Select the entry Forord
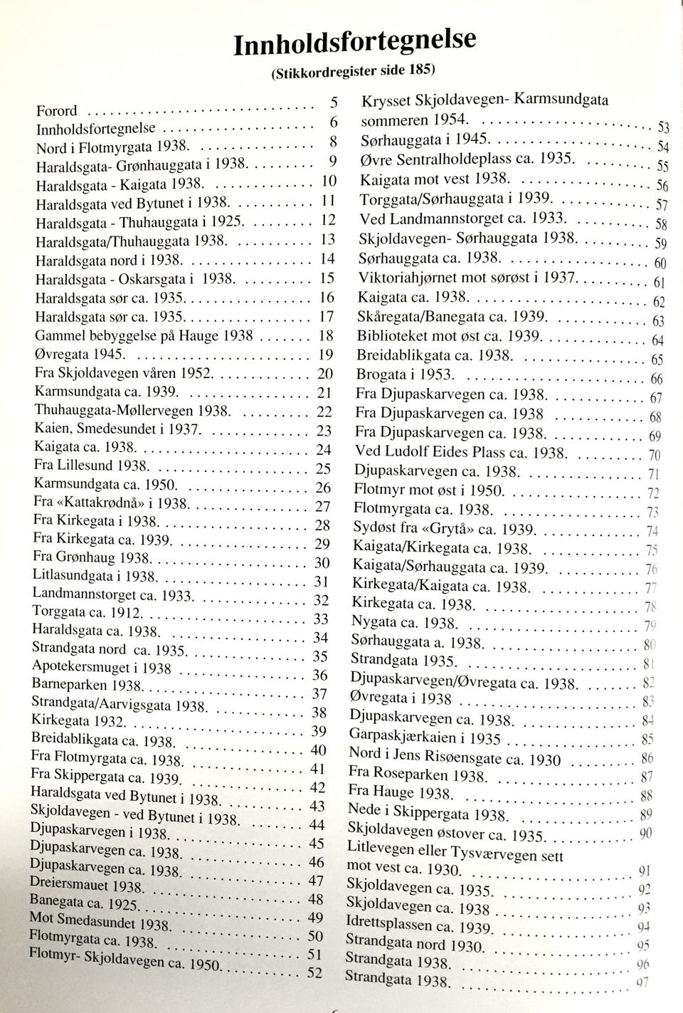56,111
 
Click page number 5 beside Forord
334,100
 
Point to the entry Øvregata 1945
80,354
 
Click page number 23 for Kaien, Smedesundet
324,430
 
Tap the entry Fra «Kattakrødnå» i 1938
110,503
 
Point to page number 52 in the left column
314,972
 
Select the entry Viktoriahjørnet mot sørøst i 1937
469,277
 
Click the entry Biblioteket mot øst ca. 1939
450,335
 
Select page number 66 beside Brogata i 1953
657,379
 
